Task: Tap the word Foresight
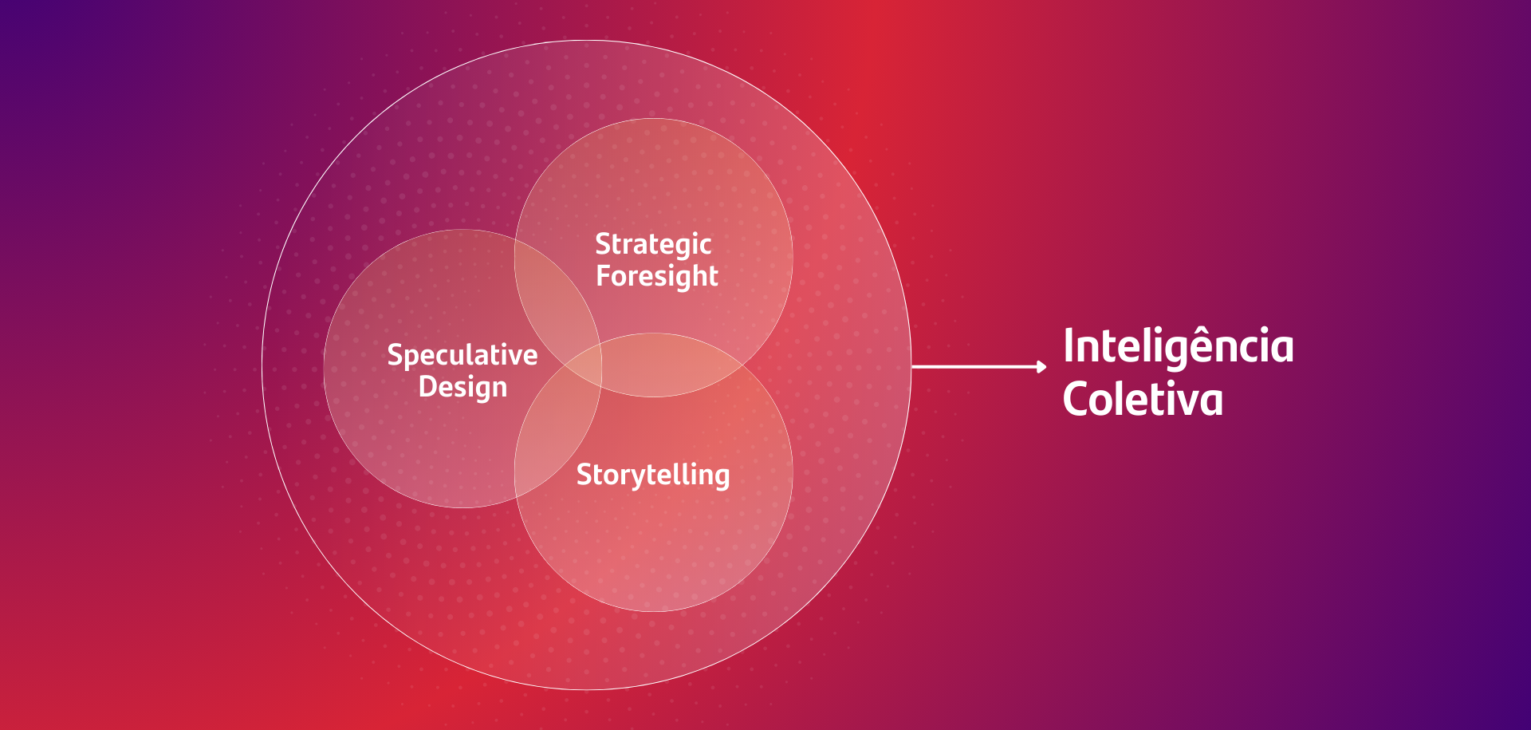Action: click(x=657, y=277)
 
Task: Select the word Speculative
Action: click(x=462, y=356)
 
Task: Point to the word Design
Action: click(x=462, y=388)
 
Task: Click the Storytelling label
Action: click(x=653, y=475)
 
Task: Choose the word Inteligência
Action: click(x=1179, y=347)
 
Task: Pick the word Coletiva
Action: click(x=1143, y=399)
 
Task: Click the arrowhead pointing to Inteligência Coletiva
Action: click(x=1041, y=366)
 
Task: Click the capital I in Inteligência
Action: click(x=1069, y=347)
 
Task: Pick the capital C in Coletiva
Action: click(x=1076, y=399)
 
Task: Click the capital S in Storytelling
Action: click(x=584, y=475)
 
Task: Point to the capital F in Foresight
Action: click(x=604, y=275)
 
